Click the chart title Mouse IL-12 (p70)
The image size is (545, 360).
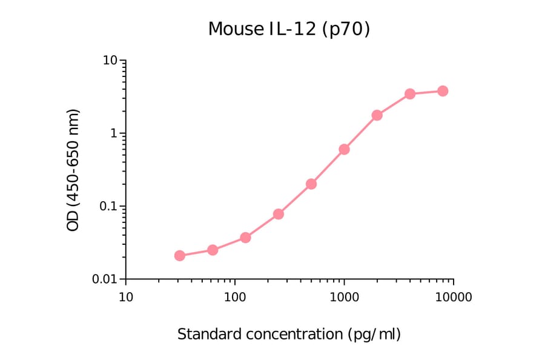289,28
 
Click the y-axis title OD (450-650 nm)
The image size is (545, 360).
73,170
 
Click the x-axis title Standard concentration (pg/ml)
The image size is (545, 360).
289,334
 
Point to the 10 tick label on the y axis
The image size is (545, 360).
110,61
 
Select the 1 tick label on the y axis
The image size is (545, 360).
114,133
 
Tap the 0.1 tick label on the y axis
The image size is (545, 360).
108,206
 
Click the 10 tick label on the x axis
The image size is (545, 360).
125,298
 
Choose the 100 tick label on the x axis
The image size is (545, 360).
234,298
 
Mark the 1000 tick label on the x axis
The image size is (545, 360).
344,298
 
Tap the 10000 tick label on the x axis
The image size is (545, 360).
453,298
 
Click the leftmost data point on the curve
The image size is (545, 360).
180,256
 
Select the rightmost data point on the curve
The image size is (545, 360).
443,91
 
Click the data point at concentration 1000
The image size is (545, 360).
344,149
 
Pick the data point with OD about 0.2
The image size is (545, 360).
311,184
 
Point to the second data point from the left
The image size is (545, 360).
213,250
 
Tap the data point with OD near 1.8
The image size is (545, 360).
377,115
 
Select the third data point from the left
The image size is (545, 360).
245,238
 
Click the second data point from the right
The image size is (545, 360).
410,94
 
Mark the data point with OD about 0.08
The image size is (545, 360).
279,214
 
